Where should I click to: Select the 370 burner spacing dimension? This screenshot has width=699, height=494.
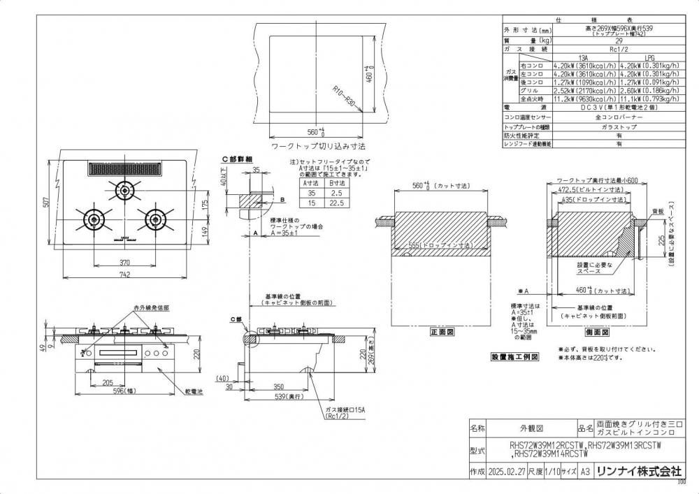(x=124, y=261)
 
